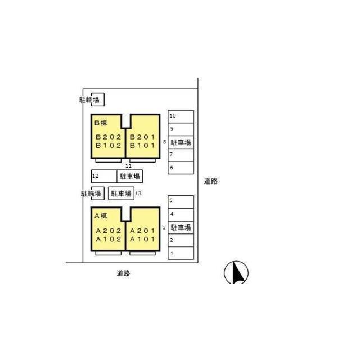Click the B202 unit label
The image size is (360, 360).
(x=109, y=137)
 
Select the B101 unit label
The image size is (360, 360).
(x=142, y=146)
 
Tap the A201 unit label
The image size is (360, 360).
(x=142, y=231)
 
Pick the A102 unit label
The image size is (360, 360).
(x=109, y=239)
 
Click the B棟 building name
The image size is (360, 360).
(x=101, y=123)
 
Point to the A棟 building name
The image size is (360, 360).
(x=101, y=216)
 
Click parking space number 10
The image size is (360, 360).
(x=173, y=116)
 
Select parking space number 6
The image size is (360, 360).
(x=171, y=168)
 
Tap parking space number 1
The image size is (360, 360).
(x=172, y=254)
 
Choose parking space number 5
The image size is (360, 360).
(x=171, y=200)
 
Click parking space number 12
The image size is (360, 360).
(x=95, y=176)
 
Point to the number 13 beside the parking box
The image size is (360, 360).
(x=138, y=193)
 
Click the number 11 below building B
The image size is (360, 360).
(x=129, y=166)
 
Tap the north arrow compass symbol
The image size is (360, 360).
(x=236, y=272)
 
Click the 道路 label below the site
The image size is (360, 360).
(x=123, y=273)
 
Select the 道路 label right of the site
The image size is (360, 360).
(x=211, y=181)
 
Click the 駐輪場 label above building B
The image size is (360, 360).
(x=89, y=100)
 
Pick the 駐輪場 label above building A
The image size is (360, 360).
(x=91, y=193)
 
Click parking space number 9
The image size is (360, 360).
(x=172, y=129)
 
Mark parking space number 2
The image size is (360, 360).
(x=172, y=240)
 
